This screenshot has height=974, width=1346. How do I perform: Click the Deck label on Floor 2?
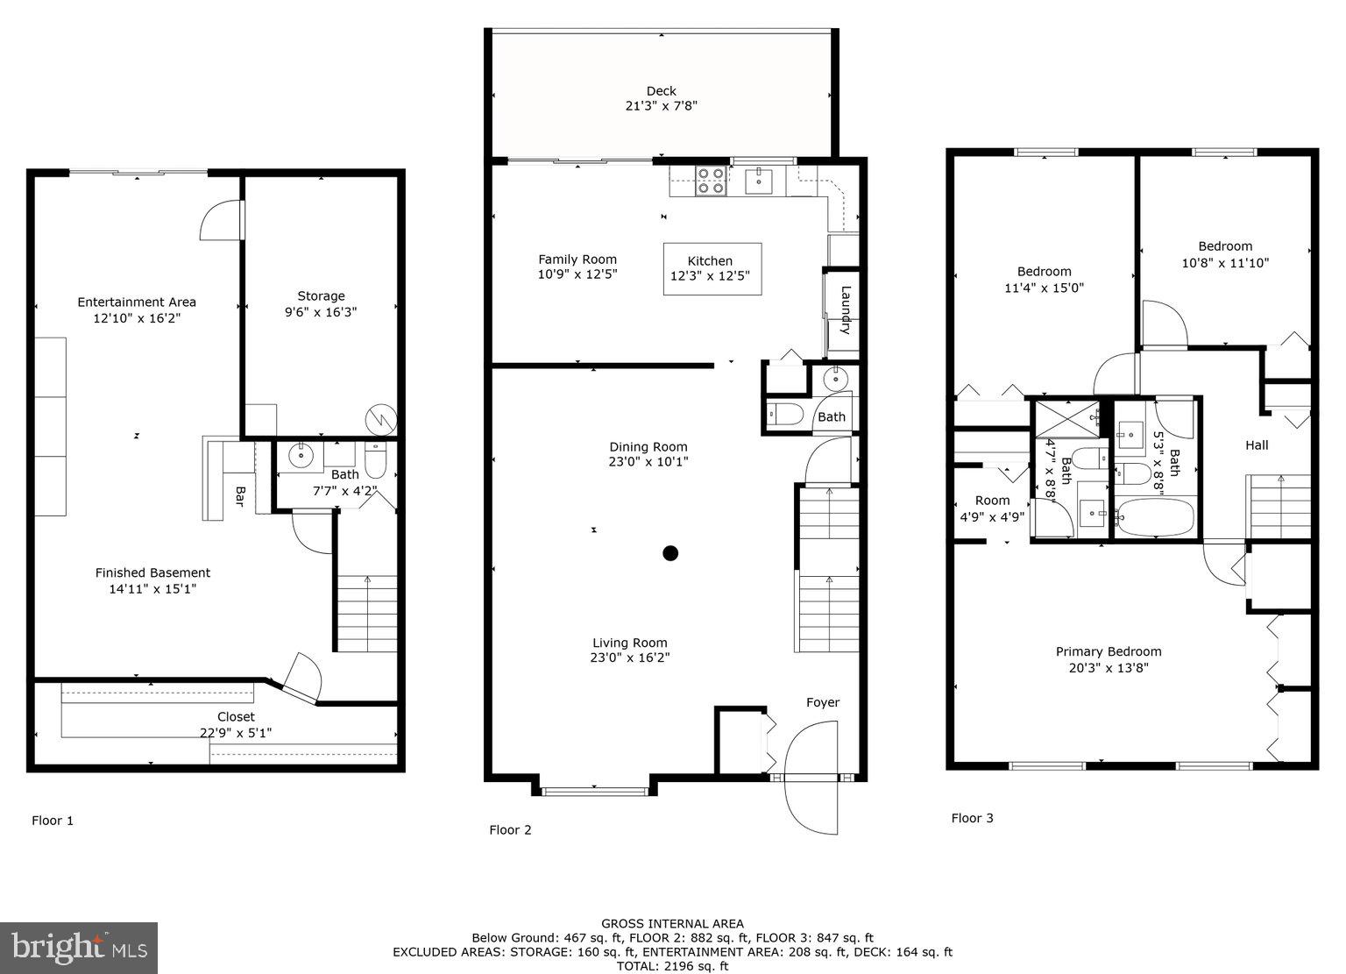point(662,91)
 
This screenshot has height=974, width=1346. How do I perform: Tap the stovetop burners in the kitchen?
point(710,180)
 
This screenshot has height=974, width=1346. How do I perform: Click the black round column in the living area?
point(670,552)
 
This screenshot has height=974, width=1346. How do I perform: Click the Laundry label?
point(846,310)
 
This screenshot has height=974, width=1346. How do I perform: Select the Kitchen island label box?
point(711,268)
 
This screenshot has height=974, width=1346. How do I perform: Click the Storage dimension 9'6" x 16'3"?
point(321,312)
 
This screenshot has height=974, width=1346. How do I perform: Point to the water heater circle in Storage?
point(380,419)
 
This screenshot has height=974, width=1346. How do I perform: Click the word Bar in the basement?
point(239,496)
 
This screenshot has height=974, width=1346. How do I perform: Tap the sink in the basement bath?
point(301,456)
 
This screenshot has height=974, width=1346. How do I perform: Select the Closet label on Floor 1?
point(236,717)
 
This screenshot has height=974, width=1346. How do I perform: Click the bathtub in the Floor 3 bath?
point(1155,517)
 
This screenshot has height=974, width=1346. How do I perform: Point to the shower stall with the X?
point(1068,418)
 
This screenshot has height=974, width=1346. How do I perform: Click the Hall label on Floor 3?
point(1257,445)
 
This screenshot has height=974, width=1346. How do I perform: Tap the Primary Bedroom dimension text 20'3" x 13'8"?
point(1109,667)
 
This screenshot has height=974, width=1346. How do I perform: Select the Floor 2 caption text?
point(510,830)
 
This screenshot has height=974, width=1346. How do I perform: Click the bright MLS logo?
point(79,948)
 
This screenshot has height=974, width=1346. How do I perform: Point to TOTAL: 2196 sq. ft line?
point(672,966)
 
